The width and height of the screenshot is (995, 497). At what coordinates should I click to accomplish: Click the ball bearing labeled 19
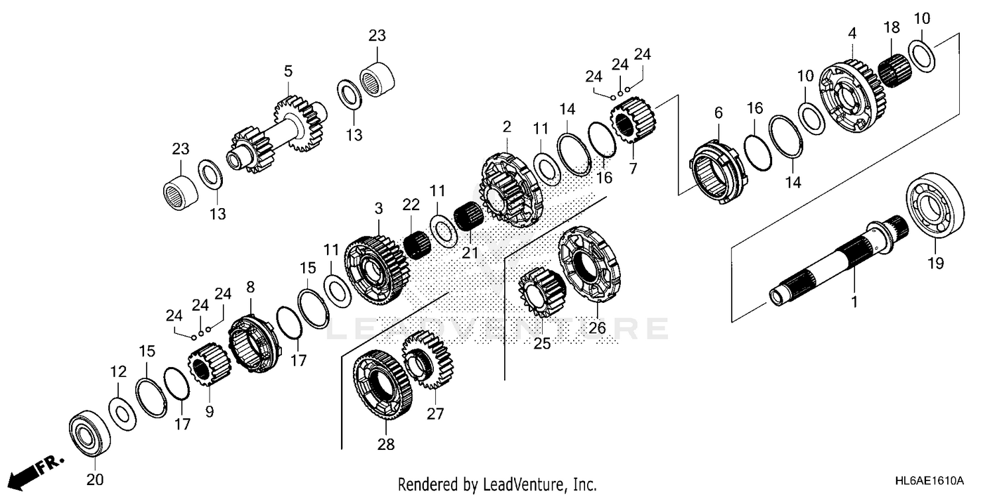tap(935, 207)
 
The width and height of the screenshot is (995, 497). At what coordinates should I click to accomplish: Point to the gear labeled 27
tap(428, 359)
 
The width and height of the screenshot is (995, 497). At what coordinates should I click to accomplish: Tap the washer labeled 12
tap(122, 413)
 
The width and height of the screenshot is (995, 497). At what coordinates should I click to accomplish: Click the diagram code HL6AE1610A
tap(929, 479)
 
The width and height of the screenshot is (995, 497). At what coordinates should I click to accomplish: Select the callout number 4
tap(852, 32)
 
